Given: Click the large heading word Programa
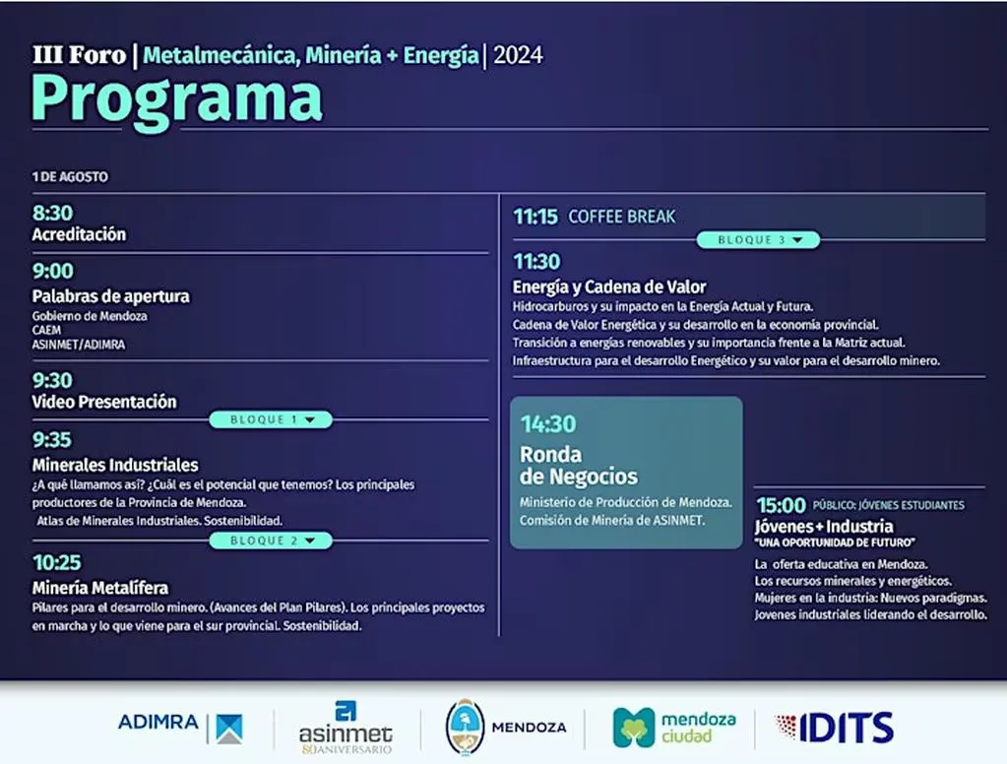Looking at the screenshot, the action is pyautogui.click(x=176, y=99).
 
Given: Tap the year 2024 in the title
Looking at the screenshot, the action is pyautogui.click(x=518, y=55).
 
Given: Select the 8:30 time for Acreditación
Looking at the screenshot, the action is pyautogui.click(x=52, y=213).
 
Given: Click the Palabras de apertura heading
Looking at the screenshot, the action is pyautogui.click(x=111, y=296).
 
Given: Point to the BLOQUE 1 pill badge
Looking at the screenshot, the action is pyautogui.click(x=271, y=419).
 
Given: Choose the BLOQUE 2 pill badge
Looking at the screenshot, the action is pyautogui.click(x=271, y=541).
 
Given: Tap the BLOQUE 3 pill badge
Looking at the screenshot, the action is pyautogui.click(x=759, y=239).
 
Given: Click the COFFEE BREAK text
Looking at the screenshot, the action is pyautogui.click(x=622, y=218).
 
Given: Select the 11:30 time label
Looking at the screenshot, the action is pyautogui.click(x=536, y=262).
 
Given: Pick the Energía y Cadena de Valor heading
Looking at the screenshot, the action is pyautogui.click(x=608, y=286).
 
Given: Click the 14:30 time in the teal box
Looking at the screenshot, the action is pyautogui.click(x=548, y=424).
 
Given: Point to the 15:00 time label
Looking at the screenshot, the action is pyautogui.click(x=781, y=505).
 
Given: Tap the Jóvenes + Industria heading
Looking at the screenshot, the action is pyautogui.click(x=824, y=527).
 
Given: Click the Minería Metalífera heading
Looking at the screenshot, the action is pyautogui.click(x=100, y=588).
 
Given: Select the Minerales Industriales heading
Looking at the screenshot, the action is pyautogui.click(x=115, y=465).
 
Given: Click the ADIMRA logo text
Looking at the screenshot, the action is pyautogui.click(x=157, y=723).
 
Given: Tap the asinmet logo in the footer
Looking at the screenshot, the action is pyautogui.click(x=346, y=727).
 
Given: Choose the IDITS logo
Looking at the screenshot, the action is pyautogui.click(x=834, y=728).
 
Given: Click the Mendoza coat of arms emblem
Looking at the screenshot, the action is pyautogui.click(x=465, y=728).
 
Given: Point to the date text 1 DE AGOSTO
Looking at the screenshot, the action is pyautogui.click(x=70, y=176).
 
